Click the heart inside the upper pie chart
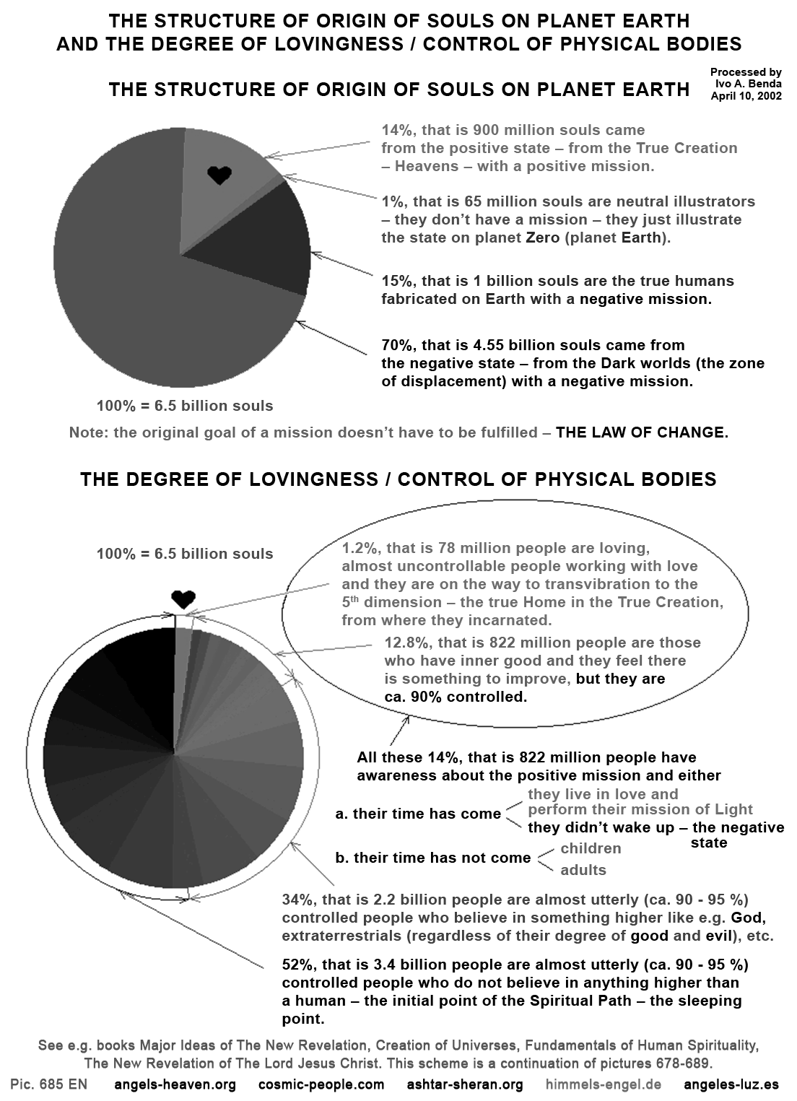pyautogui.click(x=219, y=175)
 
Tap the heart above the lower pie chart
pyautogui.click(x=183, y=599)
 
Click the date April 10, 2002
pyautogui.click(x=746, y=96)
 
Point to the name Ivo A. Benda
pyautogui.click(x=746, y=84)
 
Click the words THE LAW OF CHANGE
pyautogui.click(x=641, y=433)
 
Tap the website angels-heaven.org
pyautogui.click(x=175, y=1084)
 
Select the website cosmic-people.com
pyautogui.click(x=321, y=1084)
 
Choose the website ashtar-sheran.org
pyautogui.click(x=465, y=1084)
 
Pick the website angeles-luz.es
pyautogui.click(x=731, y=1084)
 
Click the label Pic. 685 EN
pyautogui.click(x=48, y=1084)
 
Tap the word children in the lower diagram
pyautogui.click(x=591, y=848)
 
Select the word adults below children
pyautogui.click(x=583, y=870)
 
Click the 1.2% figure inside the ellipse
pyautogui.click(x=359, y=547)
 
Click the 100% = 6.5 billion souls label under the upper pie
pyautogui.click(x=185, y=406)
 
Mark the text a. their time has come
pyautogui.click(x=419, y=814)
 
